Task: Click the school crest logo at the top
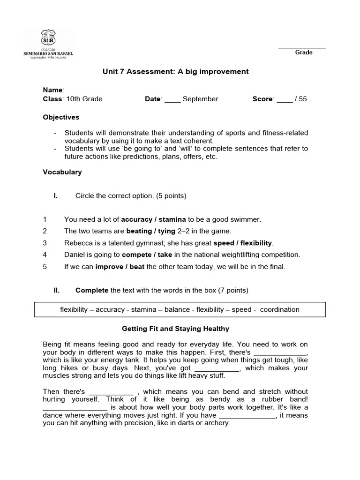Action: click(x=48, y=38)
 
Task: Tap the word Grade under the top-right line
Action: click(x=304, y=52)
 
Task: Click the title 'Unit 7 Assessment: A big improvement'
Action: click(x=175, y=72)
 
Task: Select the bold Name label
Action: click(x=52, y=90)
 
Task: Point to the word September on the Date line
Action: click(x=200, y=99)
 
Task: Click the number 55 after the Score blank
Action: click(x=302, y=99)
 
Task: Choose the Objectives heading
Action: click(x=61, y=117)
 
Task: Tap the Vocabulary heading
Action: click(x=62, y=172)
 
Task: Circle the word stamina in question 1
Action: click(x=173, y=219)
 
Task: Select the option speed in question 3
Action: click(x=223, y=243)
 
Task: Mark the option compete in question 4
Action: click(x=137, y=255)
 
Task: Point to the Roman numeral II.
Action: click(x=56, y=291)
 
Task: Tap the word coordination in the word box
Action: click(x=279, y=309)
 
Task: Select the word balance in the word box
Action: click(x=177, y=309)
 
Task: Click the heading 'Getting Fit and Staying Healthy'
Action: click(x=175, y=329)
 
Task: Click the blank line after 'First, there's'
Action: click(x=279, y=352)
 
